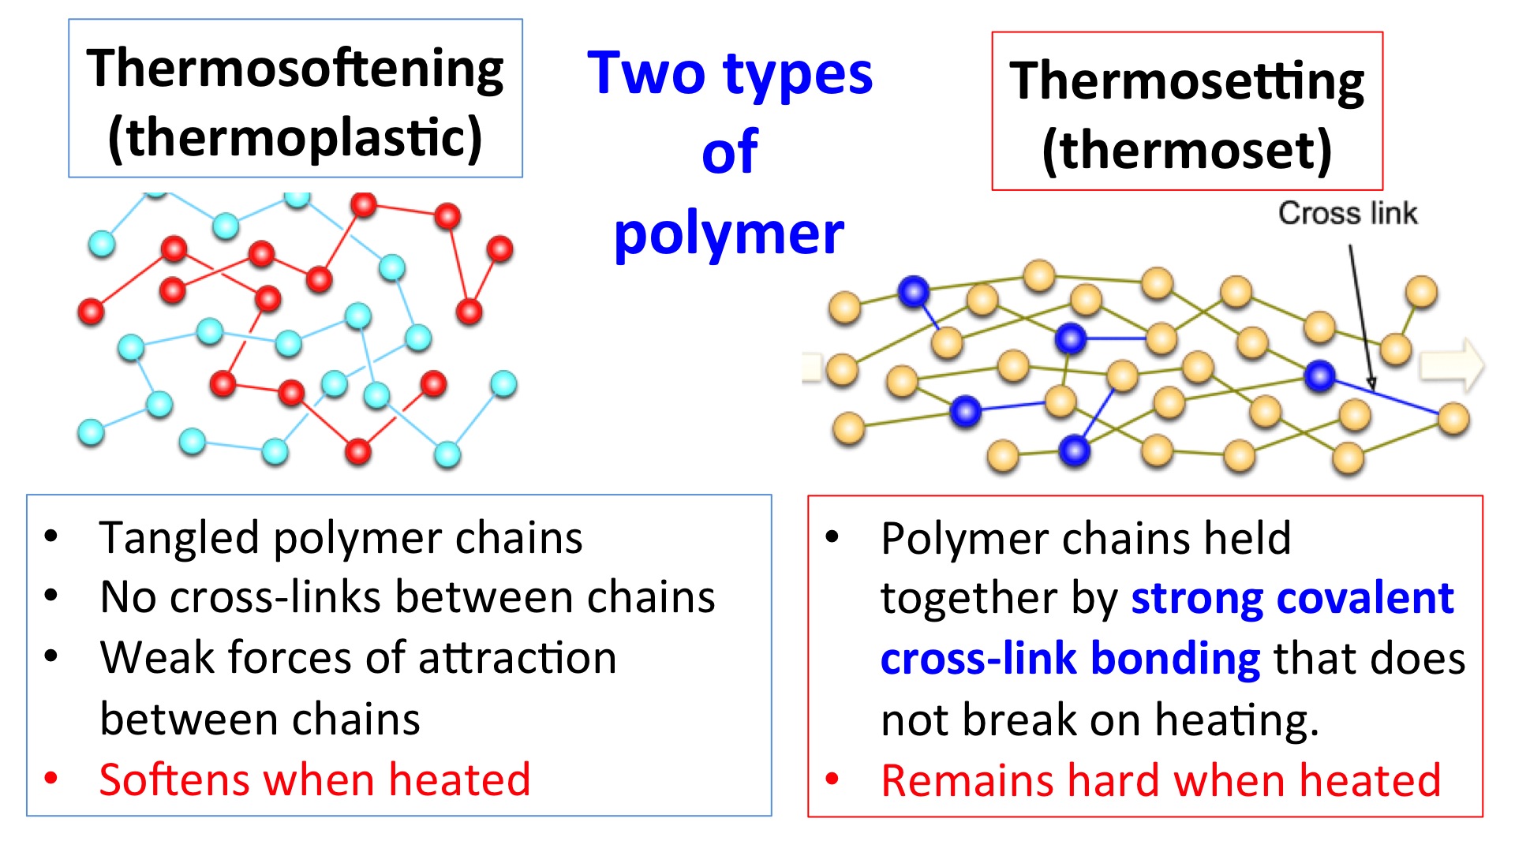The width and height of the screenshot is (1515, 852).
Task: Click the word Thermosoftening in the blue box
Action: pyautogui.click(x=295, y=69)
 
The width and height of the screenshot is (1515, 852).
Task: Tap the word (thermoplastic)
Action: pyautogui.click(x=295, y=138)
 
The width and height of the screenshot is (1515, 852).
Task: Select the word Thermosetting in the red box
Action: pyautogui.click(x=1187, y=82)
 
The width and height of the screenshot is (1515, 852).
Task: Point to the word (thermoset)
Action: pyautogui.click(x=1187, y=150)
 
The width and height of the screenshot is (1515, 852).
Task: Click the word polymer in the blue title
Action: pyautogui.click(x=729, y=235)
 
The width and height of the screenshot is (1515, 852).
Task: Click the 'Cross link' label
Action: pyautogui.click(x=1348, y=213)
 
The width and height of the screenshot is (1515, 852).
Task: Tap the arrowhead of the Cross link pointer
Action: pyautogui.click(x=1371, y=384)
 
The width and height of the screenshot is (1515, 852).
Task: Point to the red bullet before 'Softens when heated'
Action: pyautogui.click(x=51, y=779)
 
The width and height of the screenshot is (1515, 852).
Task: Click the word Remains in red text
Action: pyautogui.click(x=968, y=780)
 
